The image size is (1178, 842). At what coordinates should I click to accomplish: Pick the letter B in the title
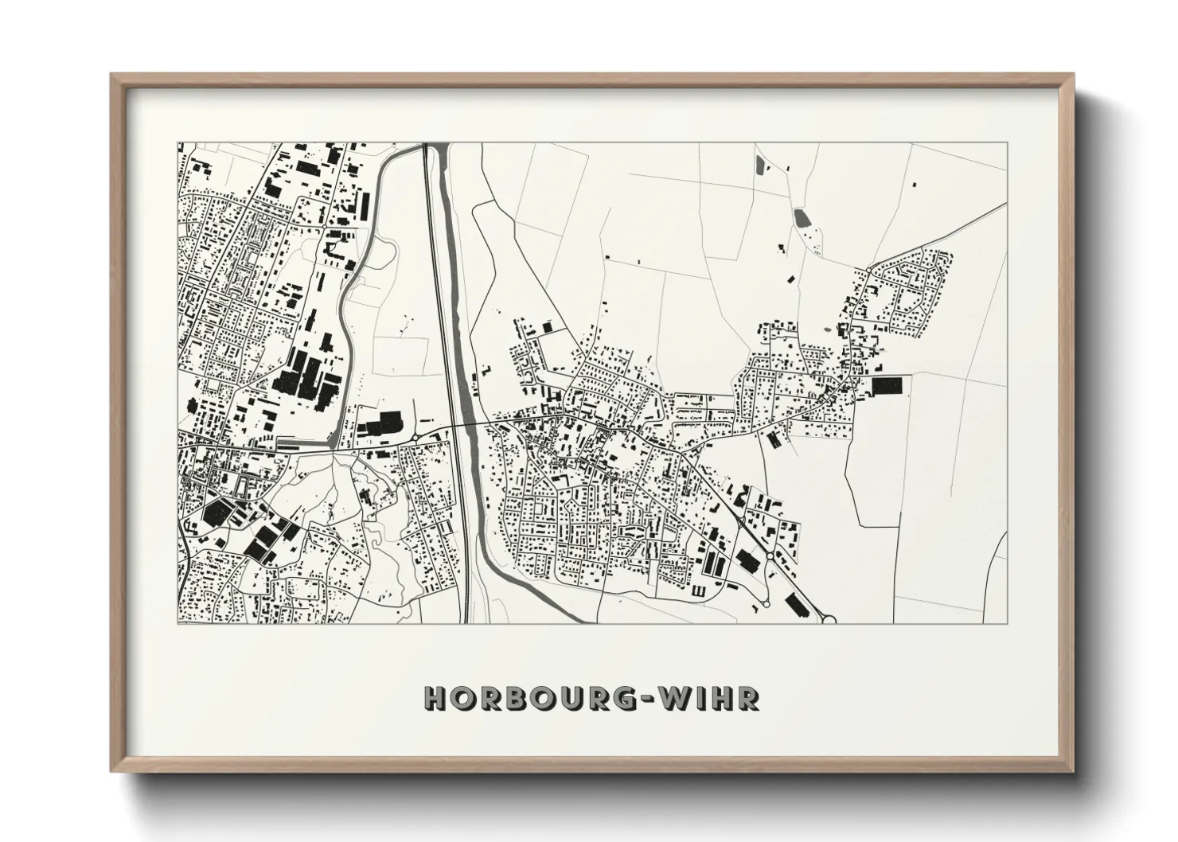click(512, 698)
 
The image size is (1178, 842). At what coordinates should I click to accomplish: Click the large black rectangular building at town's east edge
click(887, 387)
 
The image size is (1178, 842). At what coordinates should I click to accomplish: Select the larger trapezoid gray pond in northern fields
click(801, 216)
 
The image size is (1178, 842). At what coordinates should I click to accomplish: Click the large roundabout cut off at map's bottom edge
click(831, 618)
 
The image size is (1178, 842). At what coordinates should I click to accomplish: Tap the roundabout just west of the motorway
click(416, 437)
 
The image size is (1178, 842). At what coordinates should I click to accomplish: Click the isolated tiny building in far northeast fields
click(914, 184)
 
